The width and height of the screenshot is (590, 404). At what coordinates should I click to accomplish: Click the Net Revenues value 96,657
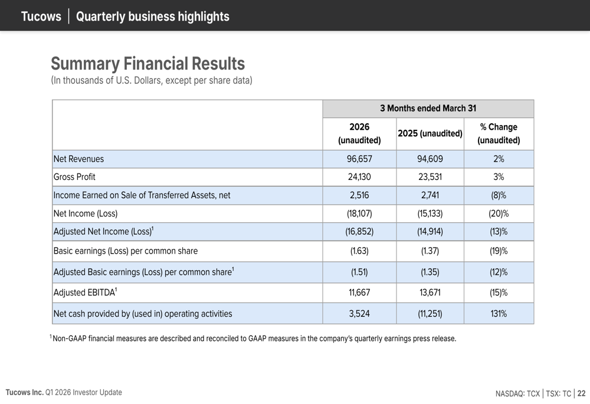click(x=359, y=159)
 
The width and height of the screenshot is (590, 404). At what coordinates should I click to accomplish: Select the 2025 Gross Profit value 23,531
click(x=430, y=177)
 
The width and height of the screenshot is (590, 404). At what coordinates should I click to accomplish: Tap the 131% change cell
click(x=499, y=313)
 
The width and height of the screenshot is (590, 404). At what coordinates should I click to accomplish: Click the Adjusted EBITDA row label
click(x=85, y=293)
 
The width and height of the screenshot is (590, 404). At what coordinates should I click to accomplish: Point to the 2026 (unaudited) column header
click(x=359, y=133)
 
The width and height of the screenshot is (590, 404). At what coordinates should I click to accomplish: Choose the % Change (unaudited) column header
click(x=499, y=133)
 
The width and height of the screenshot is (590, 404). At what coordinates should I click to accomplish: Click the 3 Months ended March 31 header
click(x=428, y=109)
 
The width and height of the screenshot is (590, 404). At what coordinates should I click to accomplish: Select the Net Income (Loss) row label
click(x=86, y=214)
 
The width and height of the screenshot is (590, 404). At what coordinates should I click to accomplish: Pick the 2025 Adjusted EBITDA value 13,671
click(x=430, y=293)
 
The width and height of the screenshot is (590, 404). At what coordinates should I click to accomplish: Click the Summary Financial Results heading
click(x=148, y=63)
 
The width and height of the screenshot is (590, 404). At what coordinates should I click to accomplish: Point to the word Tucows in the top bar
click(x=41, y=17)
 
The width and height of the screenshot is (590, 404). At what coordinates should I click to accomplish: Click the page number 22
click(x=581, y=393)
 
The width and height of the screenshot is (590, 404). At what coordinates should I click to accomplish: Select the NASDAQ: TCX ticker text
click(x=517, y=393)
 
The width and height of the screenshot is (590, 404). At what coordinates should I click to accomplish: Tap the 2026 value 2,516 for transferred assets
click(x=359, y=195)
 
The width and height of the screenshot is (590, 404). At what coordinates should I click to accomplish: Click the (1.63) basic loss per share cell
click(x=359, y=251)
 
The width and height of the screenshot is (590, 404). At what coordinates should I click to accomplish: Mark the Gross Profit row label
click(x=74, y=177)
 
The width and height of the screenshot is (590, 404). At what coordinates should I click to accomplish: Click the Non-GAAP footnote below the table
click(x=253, y=338)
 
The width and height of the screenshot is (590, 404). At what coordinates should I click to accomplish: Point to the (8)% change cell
click(x=499, y=195)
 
